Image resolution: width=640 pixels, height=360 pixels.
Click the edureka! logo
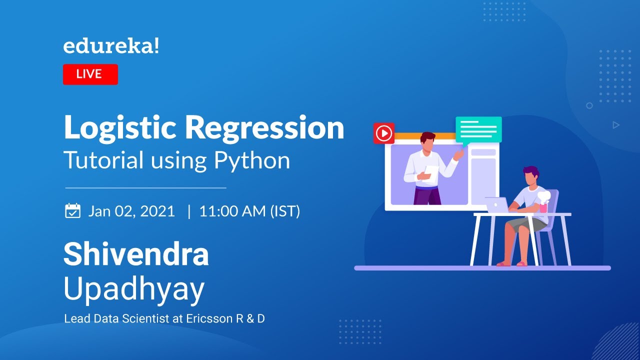[x=111, y=46]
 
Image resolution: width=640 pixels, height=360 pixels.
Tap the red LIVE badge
[x=90, y=74]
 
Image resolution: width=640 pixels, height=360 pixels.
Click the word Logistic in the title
[x=119, y=128]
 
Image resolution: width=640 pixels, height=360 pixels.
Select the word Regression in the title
[x=264, y=128]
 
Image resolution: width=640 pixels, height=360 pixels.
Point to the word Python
[x=252, y=160]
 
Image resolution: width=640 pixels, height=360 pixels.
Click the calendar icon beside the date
[x=73, y=210]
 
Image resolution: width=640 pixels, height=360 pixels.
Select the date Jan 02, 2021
[x=131, y=211]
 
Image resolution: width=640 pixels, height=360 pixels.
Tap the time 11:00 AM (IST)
[x=249, y=211]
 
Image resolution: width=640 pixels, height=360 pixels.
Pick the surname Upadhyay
[x=134, y=288]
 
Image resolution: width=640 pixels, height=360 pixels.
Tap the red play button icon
[x=384, y=133]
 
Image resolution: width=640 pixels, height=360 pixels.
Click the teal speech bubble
[x=478, y=129]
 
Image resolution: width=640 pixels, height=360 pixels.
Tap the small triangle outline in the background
[x=616, y=125]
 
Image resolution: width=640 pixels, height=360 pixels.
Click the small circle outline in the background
[x=589, y=105]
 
